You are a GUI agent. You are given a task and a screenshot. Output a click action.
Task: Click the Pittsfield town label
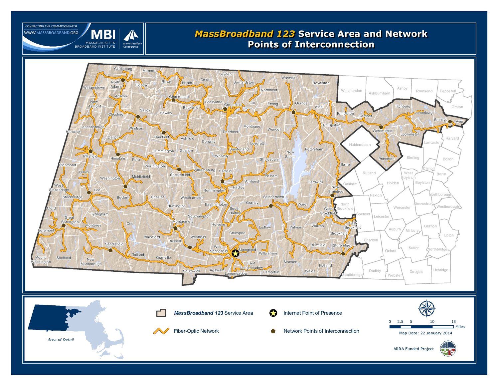(x=90, y=156)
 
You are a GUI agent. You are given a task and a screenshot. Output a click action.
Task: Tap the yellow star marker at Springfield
(x=235, y=253)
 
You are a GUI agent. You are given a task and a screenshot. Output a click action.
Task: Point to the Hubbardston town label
(x=360, y=145)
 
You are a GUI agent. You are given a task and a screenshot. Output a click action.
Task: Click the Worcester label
(x=402, y=207)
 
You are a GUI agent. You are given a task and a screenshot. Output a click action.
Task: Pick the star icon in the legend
(x=273, y=313)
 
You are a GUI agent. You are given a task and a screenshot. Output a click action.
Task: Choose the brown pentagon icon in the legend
(x=273, y=331)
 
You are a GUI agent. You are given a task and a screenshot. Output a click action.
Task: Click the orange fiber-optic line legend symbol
(x=161, y=331)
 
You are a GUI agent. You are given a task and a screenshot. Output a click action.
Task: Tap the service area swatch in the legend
(x=161, y=313)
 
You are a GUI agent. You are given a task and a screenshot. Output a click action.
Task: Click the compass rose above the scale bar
(x=427, y=308)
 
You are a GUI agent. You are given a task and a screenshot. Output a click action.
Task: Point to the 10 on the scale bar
(x=432, y=321)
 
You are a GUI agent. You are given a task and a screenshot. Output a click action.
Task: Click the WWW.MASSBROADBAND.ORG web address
(x=51, y=33)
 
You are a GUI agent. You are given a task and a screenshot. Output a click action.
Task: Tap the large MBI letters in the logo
(x=103, y=34)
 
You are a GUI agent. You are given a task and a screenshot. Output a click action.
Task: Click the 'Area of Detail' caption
(x=61, y=340)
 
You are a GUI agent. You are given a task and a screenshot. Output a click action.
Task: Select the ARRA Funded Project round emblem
(x=448, y=349)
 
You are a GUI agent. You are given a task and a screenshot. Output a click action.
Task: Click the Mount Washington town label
(x=41, y=259)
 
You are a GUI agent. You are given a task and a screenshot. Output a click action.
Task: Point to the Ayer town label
(x=459, y=122)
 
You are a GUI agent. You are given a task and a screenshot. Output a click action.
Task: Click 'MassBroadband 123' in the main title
(x=245, y=34)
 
